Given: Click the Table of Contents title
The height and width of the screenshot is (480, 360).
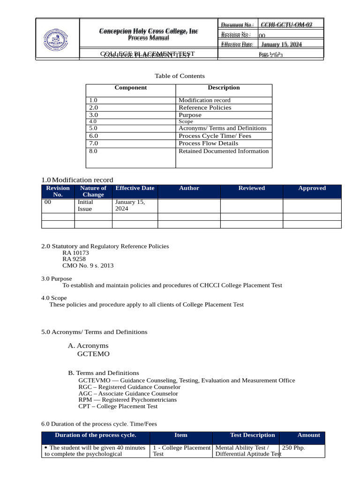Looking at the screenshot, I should pos(180,76).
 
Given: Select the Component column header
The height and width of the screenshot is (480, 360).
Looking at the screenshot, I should pos(130,88).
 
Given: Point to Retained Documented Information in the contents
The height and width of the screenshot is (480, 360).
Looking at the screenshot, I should pos(224,151).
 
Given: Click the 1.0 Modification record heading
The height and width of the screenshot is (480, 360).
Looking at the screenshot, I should pos(77,180).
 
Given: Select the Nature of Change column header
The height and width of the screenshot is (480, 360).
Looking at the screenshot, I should pos(93,191).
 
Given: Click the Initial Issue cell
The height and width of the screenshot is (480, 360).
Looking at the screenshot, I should pos(85,205).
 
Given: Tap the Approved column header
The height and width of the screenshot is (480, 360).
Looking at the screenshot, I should pos(312,188).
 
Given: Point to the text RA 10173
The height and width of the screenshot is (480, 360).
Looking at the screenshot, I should pos(75,253).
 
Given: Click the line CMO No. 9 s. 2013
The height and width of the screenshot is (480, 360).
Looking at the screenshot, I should pos(88,265).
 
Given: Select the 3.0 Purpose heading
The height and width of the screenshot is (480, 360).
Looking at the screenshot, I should pos(57,278).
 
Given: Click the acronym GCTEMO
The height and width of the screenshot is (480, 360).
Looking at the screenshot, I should pos(93,354).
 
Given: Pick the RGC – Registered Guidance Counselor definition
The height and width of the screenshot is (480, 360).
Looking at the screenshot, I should pos(129,387).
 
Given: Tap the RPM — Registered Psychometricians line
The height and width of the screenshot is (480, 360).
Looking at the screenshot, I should pos(127,400).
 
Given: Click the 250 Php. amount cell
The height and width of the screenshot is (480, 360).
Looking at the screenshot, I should pos(293,448).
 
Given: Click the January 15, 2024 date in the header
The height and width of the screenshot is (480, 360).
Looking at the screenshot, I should pos(282,45).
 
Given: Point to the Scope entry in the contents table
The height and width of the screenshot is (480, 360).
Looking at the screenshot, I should pos(186,121).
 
